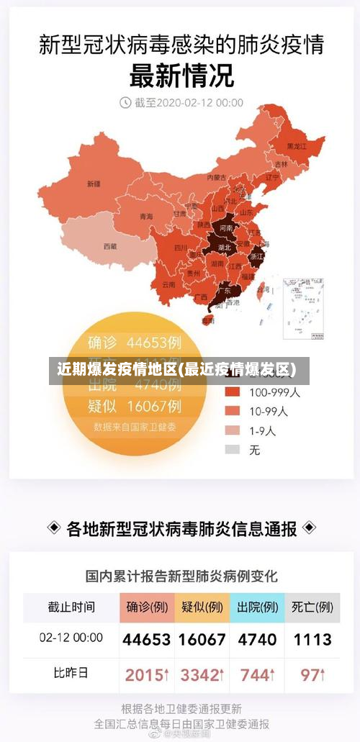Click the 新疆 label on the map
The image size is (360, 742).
coord(94,184)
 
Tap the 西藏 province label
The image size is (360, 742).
coord(109,246)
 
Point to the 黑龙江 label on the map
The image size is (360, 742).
coord(297,145)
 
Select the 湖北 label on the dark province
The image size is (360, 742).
coord(225,248)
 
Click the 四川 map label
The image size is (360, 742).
coord(181,247)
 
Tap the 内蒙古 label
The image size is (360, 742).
coord(217,177)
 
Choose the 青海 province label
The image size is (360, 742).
coord(146,216)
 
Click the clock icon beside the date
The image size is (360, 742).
coord(125,103)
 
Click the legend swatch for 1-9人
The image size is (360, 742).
coord(232,430)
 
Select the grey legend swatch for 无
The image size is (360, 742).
coord(232,449)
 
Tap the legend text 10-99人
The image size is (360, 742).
coord(268,412)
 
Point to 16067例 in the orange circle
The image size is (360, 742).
coord(153,406)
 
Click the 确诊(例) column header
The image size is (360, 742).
coord(147,607)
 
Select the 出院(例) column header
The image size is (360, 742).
coord(257,607)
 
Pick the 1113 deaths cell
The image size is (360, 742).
coord(312,639)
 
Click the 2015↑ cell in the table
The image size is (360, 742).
coord(147,675)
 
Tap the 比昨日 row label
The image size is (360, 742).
coord(71,674)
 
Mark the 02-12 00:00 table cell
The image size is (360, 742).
coord(71,638)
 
